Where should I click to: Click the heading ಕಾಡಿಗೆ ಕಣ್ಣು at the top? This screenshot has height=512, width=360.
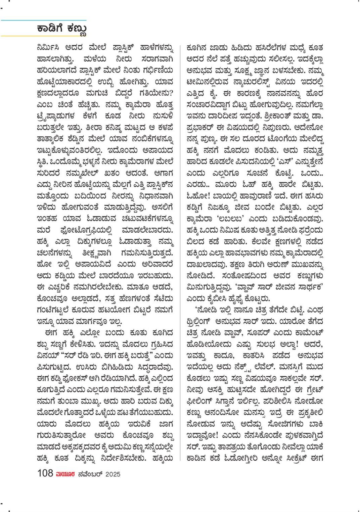[x=62, y=29]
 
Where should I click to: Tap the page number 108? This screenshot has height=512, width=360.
[x=45, y=473]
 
